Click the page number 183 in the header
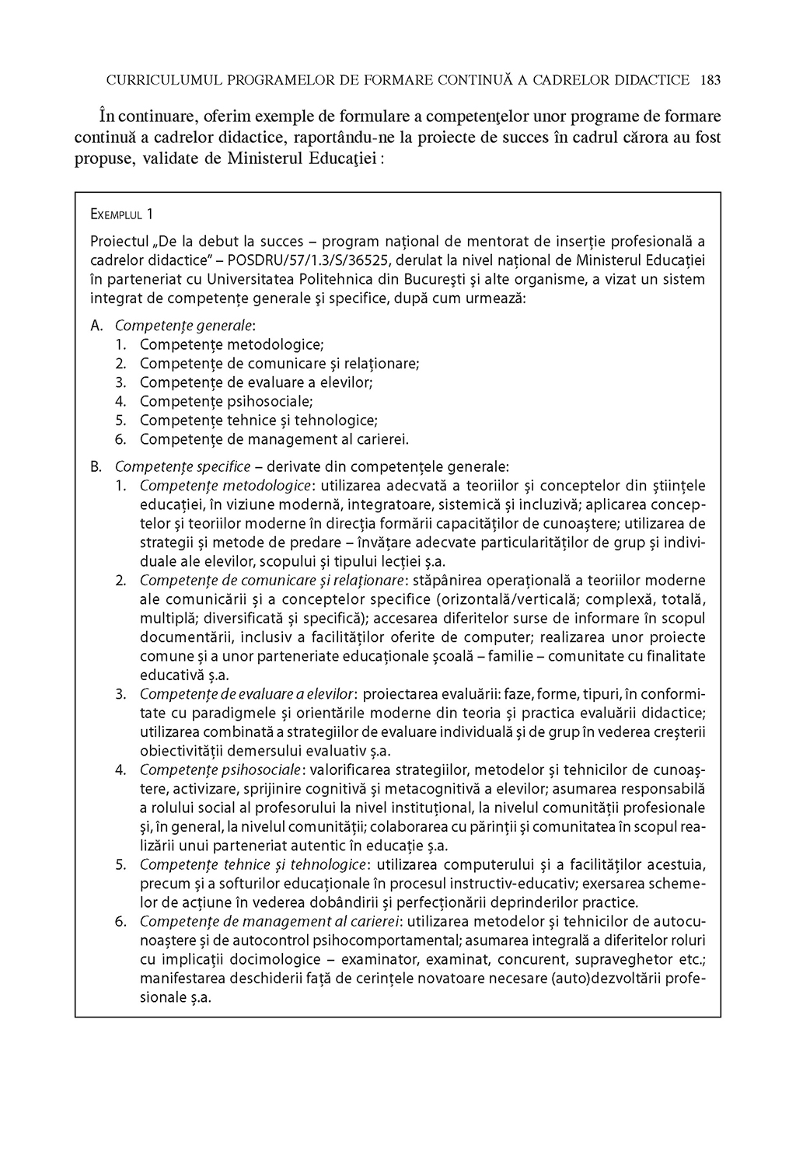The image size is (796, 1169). (710, 80)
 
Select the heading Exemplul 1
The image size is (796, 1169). (122, 214)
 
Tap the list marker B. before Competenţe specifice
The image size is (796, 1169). (97, 467)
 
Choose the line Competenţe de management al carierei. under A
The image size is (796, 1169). (274, 439)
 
